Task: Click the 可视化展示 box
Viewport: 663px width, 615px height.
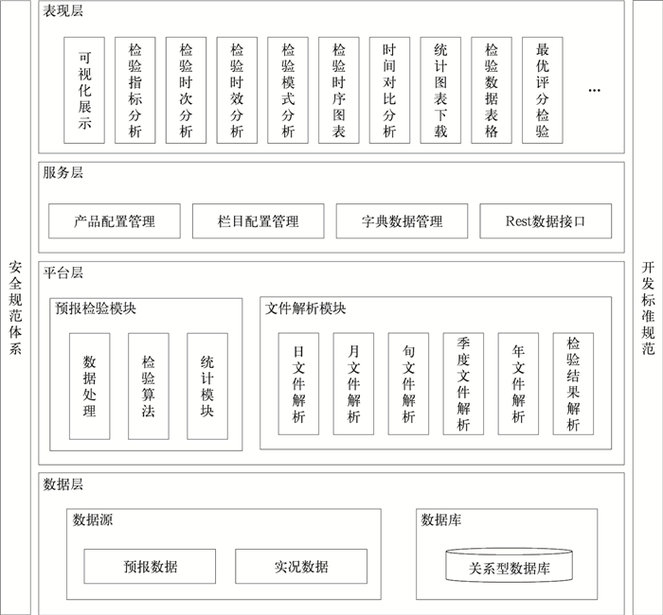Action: pyautogui.click(x=84, y=90)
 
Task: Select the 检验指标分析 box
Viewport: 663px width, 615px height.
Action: pyautogui.click(x=135, y=90)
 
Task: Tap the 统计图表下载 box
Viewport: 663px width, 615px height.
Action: pyautogui.click(x=440, y=90)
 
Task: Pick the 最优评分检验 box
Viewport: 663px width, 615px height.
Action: pyautogui.click(x=543, y=90)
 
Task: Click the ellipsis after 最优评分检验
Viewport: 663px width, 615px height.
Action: pyautogui.click(x=594, y=90)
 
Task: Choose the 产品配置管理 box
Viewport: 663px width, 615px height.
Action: pyautogui.click(x=115, y=221)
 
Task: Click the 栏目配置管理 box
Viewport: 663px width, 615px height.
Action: pyautogui.click(x=259, y=221)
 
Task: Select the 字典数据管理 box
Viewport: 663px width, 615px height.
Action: pyautogui.click(x=403, y=221)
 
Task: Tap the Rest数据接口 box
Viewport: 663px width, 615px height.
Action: pyautogui.click(x=546, y=221)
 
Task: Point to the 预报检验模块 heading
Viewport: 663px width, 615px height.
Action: pyautogui.click(x=96, y=308)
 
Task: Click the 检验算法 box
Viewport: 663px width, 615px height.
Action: pyautogui.click(x=149, y=386)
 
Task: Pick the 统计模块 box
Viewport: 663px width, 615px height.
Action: pyautogui.click(x=207, y=386)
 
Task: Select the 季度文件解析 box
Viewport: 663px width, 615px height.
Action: pyautogui.click(x=463, y=383)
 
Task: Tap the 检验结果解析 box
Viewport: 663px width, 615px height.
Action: pyautogui.click(x=573, y=383)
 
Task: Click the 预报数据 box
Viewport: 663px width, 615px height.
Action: pyautogui.click(x=150, y=567)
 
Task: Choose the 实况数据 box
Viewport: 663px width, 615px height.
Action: pyautogui.click(x=301, y=567)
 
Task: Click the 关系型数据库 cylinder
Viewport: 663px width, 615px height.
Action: pyautogui.click(x=510, y=567)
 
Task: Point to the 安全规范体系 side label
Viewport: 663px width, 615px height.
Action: pyautogui.click(x=15, y=307)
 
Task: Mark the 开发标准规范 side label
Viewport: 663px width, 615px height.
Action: pyautogui.click(x=648, y=307)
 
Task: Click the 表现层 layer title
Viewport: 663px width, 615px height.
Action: pyautogui.click(x=63, y=11)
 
